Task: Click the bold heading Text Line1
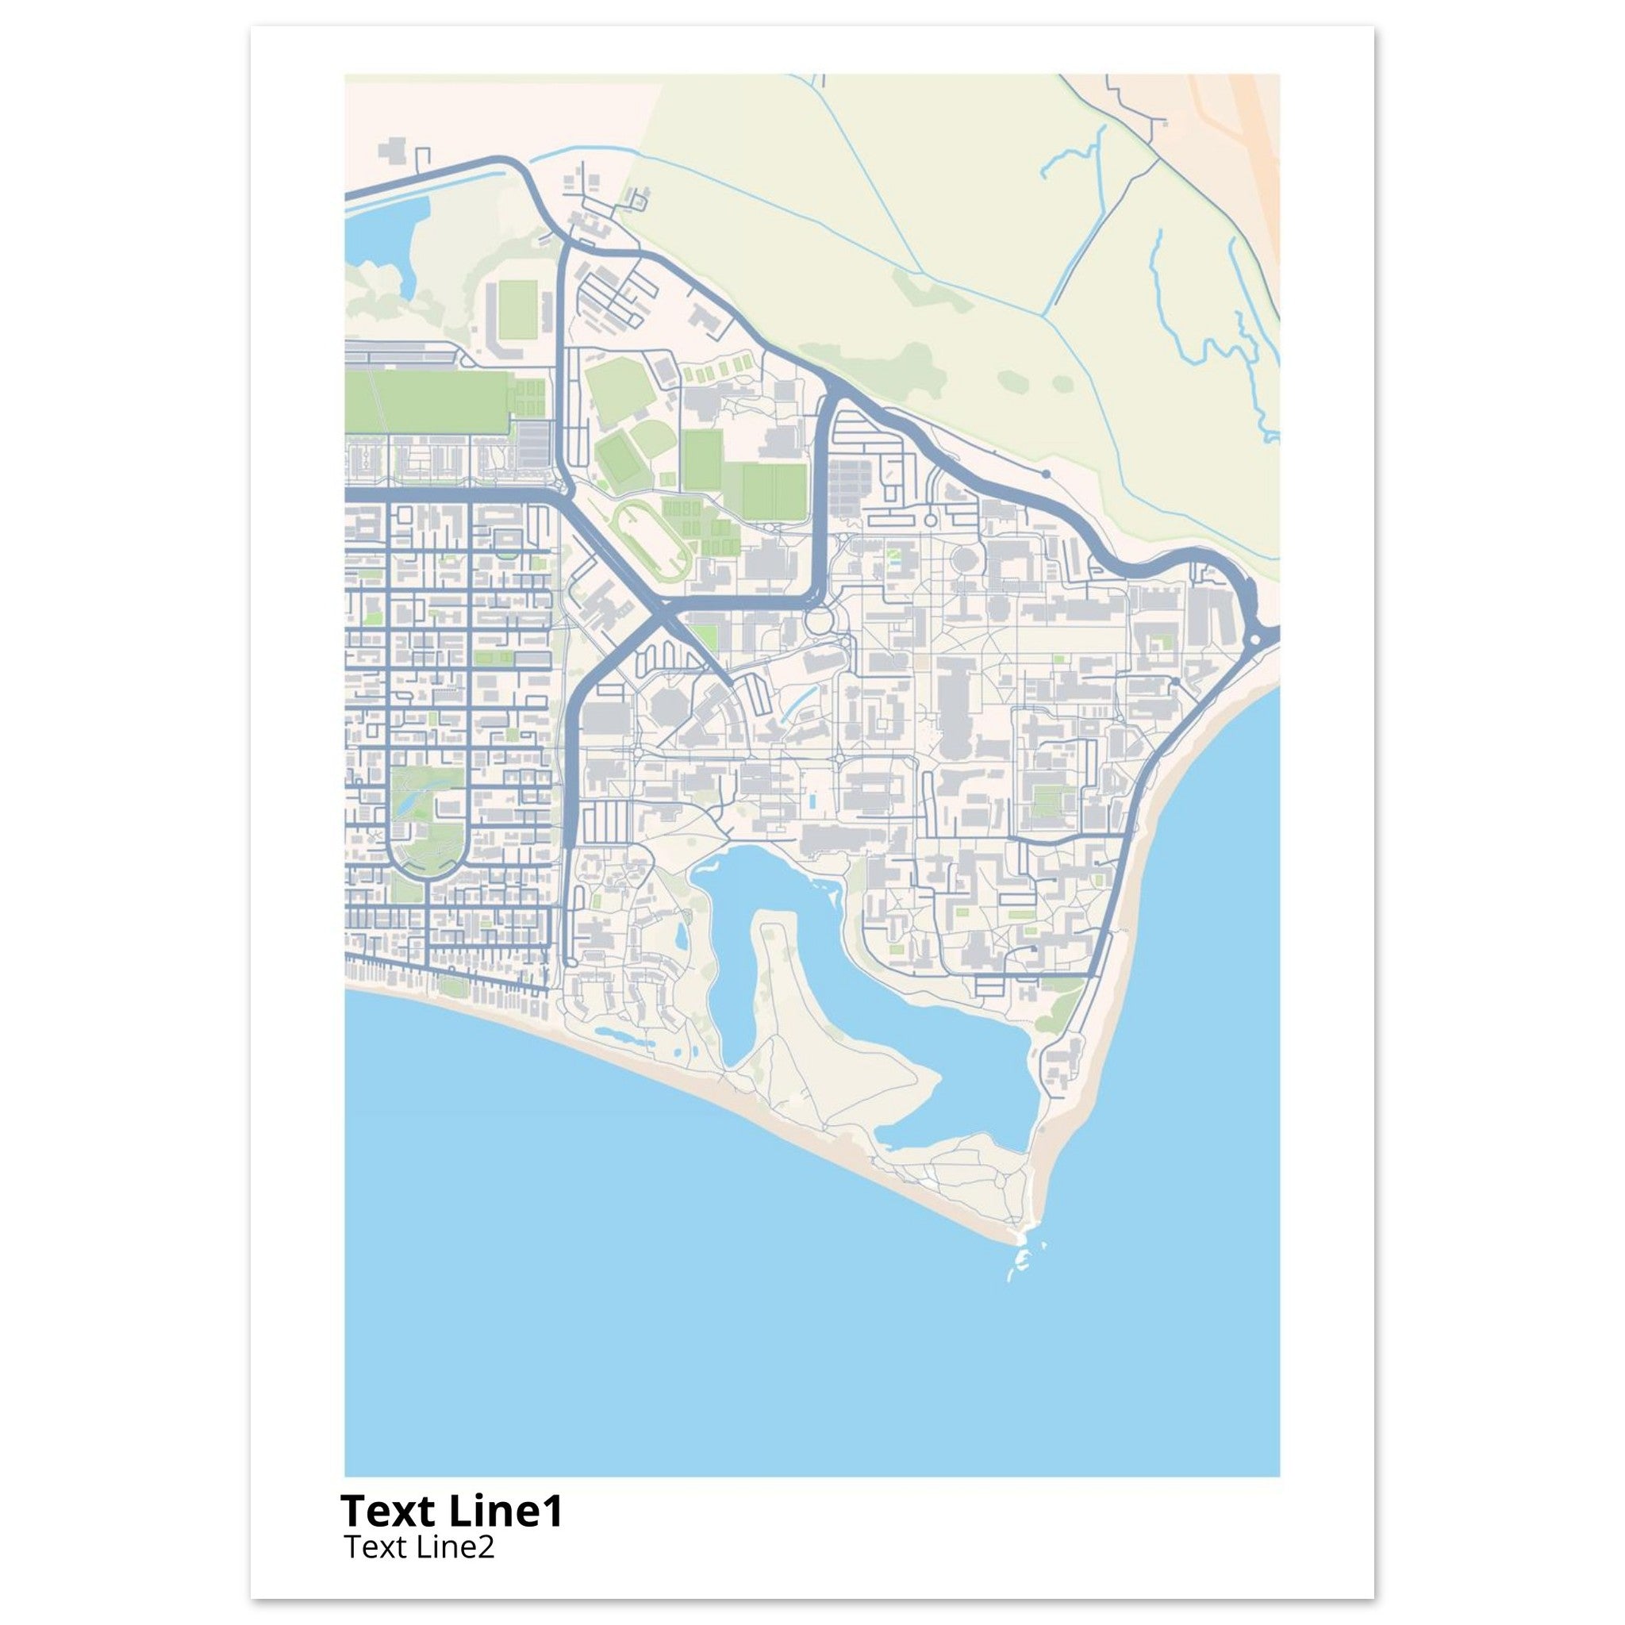(451, 1512)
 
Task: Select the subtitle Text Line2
(419, 1546)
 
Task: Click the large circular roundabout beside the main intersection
(816, 623)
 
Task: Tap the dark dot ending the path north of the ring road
(1046, 474)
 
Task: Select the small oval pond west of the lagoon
(681, 933)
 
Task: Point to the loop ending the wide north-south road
(571, 962)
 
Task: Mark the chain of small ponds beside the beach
(622, 1035)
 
